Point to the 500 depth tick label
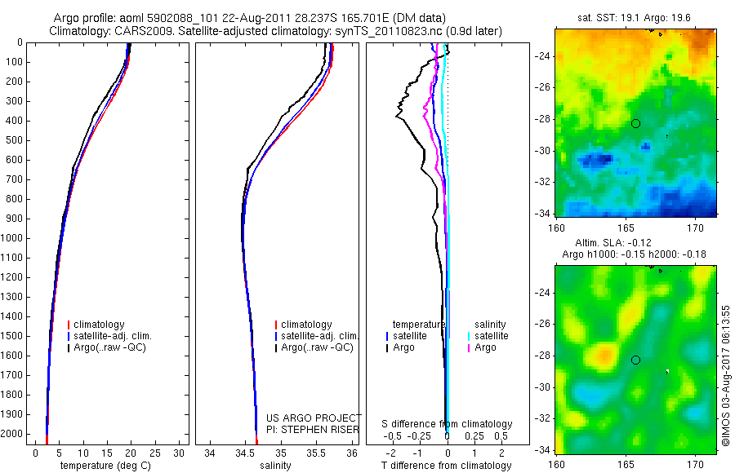pyautogui.click(x=14, y=140)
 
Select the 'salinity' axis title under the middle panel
pyautogui.click(x=276, y=466)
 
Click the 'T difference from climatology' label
pyautogui.click(x=446, y=466)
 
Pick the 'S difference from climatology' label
pyautogui.click(x=448, y=424)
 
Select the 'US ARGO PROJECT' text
pyautogui.click(x=314, y=418)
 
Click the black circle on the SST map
pyautogui.click(x=635, y=123)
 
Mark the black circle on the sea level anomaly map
pyautogui.click(x=635, y=360)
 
